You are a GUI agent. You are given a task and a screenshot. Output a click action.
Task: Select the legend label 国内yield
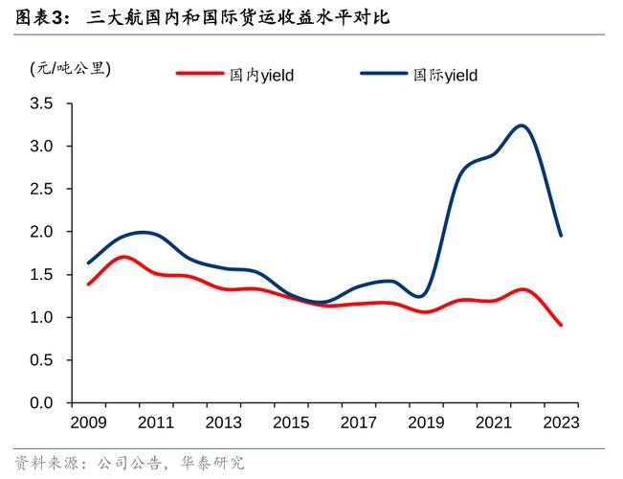point(260,75)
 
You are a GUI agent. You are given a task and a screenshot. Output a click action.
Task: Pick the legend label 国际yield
point(445,75)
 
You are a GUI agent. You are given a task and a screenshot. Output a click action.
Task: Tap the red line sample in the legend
point(199,74)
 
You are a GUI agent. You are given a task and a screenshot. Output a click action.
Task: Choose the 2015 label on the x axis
point(290,423)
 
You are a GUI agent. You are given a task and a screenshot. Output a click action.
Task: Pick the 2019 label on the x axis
point(425,423)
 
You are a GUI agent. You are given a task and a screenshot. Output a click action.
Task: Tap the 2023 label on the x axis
point(560,423)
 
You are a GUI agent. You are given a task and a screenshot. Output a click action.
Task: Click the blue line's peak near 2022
point(521,125)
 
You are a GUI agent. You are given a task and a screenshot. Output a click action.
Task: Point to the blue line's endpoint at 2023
point(561,236)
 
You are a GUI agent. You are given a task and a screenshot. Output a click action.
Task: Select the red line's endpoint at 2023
point(561,325)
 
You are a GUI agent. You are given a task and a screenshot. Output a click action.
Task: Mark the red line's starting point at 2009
point(88,284)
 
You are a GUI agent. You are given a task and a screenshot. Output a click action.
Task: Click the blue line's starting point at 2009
point(88,262)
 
